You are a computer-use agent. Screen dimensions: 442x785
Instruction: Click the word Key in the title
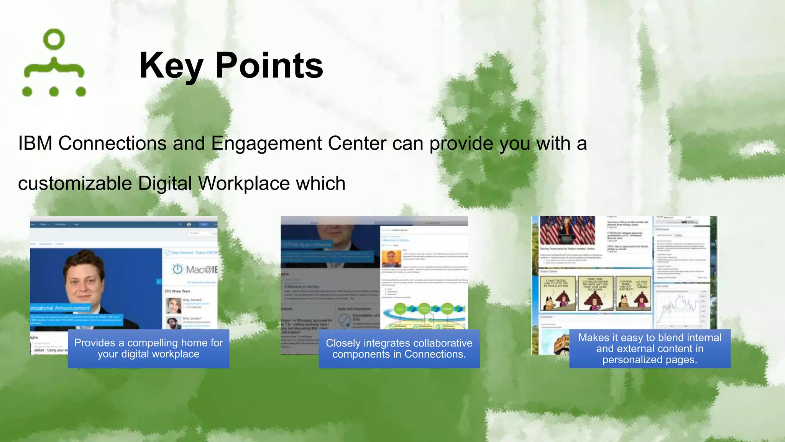[171, 66]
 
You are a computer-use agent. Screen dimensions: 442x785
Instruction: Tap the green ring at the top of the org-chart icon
[54, 39]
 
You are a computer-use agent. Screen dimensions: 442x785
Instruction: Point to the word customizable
[75, 183]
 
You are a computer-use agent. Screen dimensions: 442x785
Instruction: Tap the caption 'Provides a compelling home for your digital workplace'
[148, 348]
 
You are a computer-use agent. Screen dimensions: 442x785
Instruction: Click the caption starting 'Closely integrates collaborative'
[399, 348]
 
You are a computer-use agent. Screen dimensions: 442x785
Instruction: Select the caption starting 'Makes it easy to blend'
[650, 348]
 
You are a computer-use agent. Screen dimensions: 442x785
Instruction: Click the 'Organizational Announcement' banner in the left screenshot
[60, 308]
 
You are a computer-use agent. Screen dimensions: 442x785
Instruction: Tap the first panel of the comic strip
[557, 293]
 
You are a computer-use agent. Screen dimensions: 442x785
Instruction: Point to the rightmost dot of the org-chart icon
[81, 91]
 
